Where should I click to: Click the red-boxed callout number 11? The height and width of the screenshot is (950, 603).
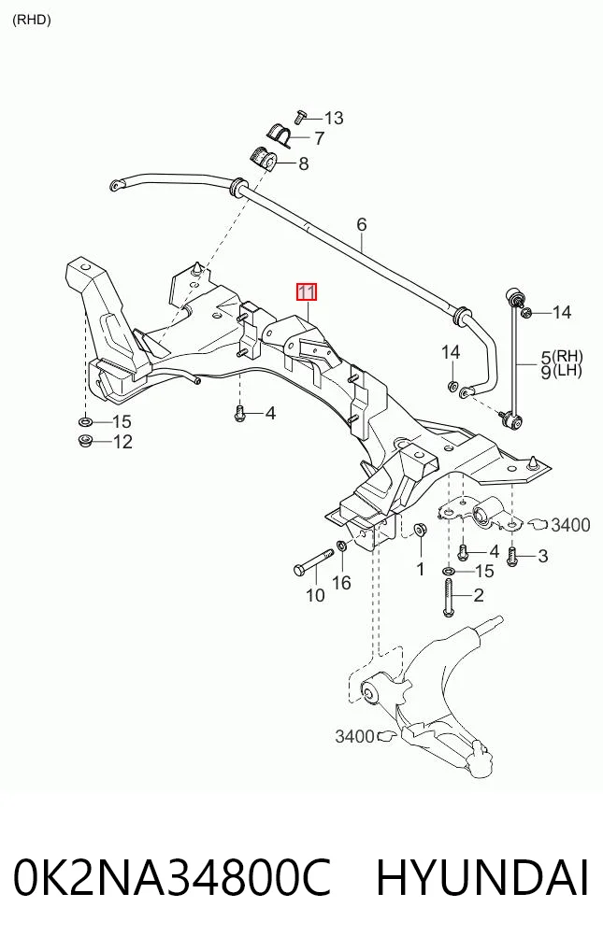307,292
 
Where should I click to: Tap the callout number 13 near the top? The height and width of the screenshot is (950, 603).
333,118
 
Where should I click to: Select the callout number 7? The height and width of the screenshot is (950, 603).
319,139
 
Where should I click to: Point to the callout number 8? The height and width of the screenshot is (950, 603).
303,163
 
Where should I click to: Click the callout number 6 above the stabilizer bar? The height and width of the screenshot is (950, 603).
362,225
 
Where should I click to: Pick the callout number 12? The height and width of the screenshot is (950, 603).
122,442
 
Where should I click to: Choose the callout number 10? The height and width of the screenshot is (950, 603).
315,596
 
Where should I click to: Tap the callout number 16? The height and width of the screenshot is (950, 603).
341,583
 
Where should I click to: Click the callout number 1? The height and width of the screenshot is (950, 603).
420,570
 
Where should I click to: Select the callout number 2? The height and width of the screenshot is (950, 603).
478,596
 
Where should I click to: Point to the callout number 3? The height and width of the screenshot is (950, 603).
542,556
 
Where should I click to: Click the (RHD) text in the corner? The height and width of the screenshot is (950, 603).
32,20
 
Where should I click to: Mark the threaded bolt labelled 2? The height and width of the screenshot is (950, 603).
448,598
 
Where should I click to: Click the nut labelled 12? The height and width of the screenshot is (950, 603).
85,441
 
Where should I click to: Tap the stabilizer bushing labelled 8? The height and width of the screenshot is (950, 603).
263,159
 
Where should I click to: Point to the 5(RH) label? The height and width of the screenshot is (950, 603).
563,357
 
